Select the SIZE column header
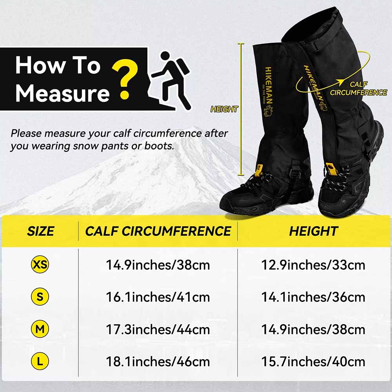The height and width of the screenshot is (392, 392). coord(40,231)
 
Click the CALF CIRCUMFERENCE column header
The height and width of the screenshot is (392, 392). coord(158,231)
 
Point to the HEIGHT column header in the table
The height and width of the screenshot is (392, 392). coord(313,231)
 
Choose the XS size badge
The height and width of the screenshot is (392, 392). coord(40,265)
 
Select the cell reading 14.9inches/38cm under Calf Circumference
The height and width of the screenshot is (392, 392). coord(158,265)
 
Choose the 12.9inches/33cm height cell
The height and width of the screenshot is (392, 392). coord(313,265)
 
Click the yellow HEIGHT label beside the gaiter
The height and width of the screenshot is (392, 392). coord(224,109)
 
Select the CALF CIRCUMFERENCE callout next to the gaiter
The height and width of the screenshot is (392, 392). coord(358,89)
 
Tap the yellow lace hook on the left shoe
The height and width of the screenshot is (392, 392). coord(258,170)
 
